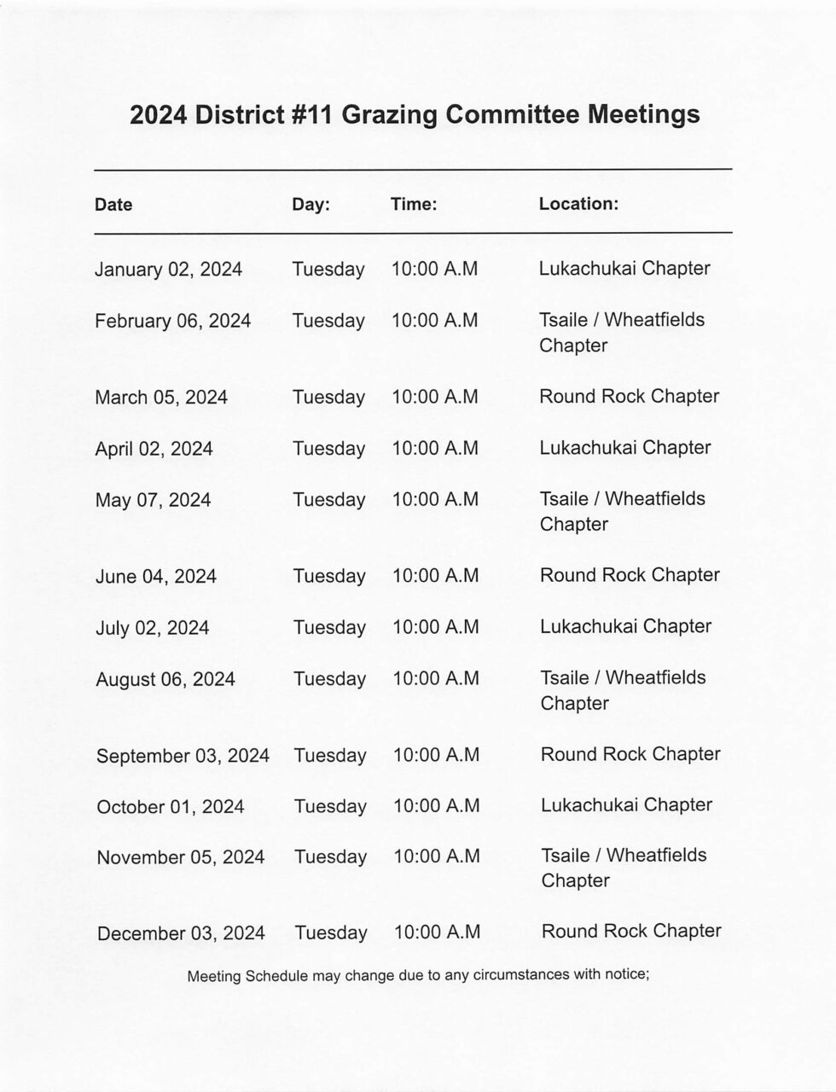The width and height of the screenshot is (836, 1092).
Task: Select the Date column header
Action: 113,205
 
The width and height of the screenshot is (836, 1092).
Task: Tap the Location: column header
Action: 578,204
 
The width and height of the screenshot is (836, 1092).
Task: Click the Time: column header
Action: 414,204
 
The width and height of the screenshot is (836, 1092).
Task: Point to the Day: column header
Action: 311,205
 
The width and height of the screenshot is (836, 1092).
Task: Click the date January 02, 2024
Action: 168,270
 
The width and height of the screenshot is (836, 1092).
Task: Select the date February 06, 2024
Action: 172,321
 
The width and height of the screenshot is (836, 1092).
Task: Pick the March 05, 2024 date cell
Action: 161,398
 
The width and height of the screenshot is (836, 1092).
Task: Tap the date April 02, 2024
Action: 154,449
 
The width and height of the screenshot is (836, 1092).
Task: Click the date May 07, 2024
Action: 153,500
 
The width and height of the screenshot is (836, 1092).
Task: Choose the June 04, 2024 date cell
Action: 156,577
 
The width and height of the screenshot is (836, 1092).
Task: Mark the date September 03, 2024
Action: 183,756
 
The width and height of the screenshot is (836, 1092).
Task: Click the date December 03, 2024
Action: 181,933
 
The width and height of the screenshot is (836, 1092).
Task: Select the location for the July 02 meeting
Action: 625,626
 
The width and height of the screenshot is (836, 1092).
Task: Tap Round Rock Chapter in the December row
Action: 631,931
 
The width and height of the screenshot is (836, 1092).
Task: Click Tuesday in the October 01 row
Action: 330,806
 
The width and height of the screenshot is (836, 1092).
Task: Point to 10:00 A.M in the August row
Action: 435,679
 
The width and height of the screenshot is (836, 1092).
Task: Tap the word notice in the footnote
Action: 624,973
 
